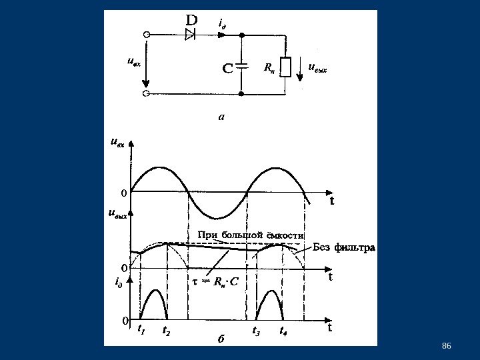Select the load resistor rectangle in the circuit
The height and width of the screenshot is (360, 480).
285,67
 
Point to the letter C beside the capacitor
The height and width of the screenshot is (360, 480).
227,68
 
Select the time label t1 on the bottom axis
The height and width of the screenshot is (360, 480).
141,329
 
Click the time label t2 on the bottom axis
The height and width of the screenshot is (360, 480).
166,330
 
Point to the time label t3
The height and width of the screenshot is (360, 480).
256,330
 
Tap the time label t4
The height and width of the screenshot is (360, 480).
283,330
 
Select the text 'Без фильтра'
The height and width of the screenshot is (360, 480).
344,248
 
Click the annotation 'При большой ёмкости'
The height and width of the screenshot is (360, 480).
251,235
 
